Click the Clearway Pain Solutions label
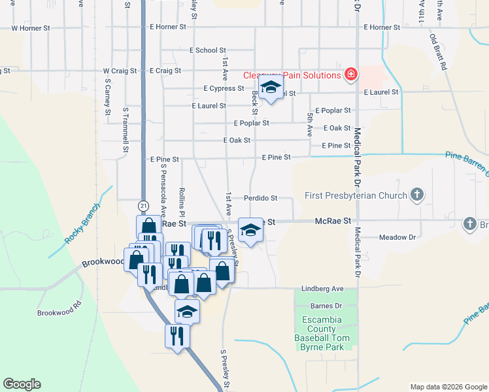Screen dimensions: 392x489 (x=292, y=75)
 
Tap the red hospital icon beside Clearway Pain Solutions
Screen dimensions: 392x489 (x=351, y=74)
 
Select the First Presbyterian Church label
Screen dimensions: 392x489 (x=355, y=195)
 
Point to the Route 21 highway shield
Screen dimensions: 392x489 (x=143, y=206)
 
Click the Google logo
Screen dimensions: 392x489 (x=22, y=384)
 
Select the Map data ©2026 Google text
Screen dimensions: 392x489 (x=448, y=387)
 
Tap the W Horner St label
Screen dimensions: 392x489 (x=31, y=28)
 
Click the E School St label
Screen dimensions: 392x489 (x=207, y=50)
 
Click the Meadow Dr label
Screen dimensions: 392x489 (x=397, y=238)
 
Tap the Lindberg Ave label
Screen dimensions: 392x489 (x=322, y=288)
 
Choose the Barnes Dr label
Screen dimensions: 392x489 (x=330, y=305)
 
